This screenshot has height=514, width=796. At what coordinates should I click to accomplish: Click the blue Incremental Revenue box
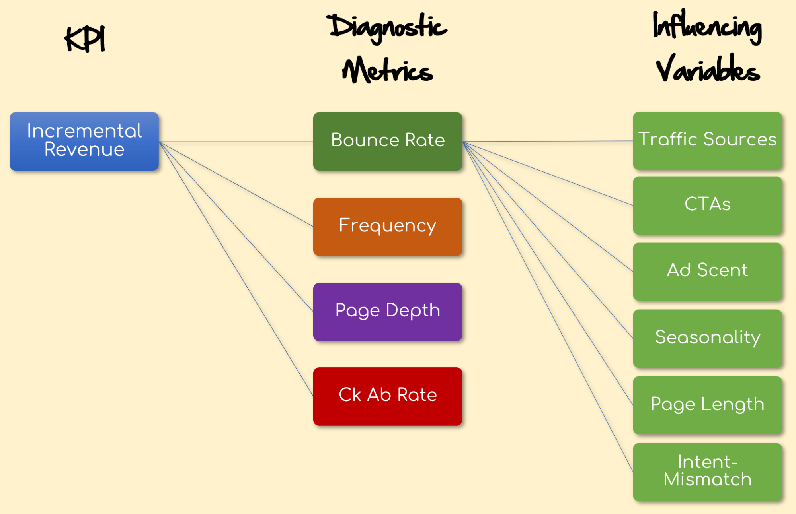84,141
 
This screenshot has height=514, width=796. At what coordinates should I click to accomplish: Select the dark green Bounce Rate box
387,141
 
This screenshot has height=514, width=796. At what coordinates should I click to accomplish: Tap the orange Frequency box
387,226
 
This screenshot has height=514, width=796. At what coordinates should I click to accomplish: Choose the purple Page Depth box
387,312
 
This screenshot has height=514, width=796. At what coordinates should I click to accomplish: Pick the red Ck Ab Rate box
387,396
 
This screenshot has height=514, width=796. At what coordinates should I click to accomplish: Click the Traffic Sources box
707,141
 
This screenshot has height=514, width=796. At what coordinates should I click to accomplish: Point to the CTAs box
707,205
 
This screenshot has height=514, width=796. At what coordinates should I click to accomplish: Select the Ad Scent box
707,272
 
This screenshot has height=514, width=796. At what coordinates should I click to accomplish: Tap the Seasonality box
707,338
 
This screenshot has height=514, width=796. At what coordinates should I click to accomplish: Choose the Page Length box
707,405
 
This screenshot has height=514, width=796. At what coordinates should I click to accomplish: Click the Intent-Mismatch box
707,472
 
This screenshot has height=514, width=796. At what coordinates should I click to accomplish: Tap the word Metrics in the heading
387,71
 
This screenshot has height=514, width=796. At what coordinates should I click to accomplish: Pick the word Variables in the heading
707,70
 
